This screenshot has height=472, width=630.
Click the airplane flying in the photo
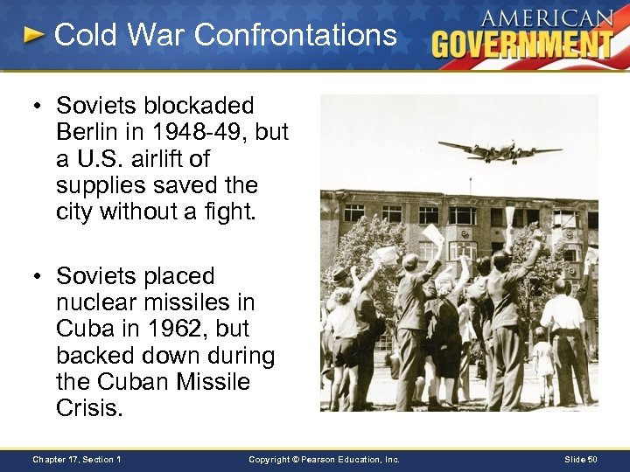(x=500, y=150)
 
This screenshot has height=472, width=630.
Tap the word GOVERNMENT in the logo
(x=522, y=44)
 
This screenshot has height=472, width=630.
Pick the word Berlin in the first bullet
(x=85, y=132)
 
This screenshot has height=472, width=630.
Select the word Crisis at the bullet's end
(x=86, y=409)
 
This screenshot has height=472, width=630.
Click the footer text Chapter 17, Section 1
(x=76, y=459)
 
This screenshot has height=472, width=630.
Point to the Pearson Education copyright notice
(x=324, y=459)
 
